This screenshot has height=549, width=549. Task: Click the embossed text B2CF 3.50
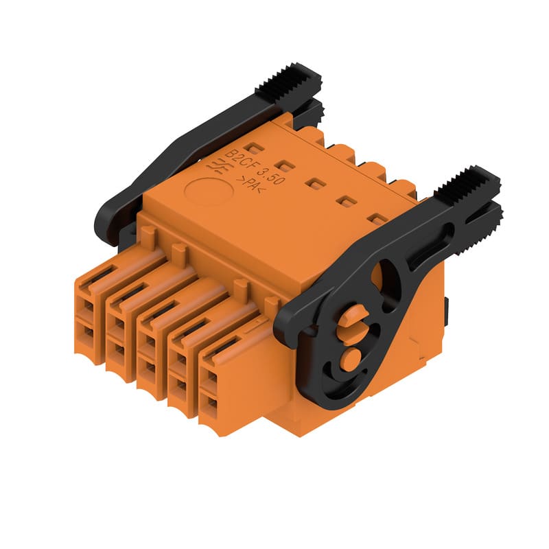[x=254, y=167]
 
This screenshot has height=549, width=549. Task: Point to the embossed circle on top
[x=209, y=191]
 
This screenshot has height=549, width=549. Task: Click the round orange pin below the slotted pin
[x=350, y=359]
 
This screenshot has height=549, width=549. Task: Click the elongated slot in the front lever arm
[x=432, y=244]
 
